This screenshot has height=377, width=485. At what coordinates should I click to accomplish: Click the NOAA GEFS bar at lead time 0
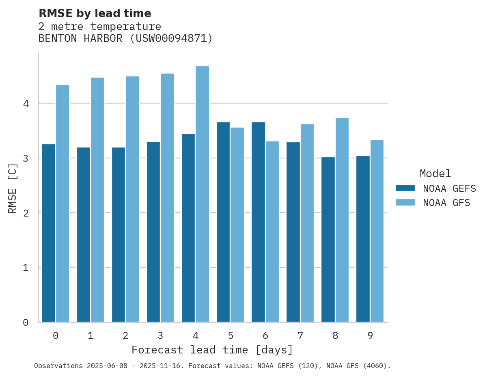tap(48, 233)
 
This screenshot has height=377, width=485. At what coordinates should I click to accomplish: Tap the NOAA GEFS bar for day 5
tap(223, 222)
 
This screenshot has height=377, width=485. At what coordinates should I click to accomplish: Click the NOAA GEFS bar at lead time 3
tap(153, 232)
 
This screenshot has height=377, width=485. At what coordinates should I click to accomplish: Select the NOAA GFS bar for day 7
tap(307, 223)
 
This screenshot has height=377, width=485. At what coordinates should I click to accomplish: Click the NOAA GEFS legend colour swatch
tap(405, 188)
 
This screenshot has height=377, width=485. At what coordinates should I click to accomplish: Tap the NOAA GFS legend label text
tap(446, 203)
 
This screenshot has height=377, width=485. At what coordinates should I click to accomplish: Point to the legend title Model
tap(435, 174)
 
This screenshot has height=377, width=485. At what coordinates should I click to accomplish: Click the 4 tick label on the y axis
tap(26, 104)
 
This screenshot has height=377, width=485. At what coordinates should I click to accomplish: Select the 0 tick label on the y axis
tap(26, 323)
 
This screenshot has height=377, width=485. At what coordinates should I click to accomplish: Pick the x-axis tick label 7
tap(300, 336)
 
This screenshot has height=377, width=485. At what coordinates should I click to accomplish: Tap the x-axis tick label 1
tap(91, 336)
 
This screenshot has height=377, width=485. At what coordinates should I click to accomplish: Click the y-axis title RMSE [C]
tap(13, 188)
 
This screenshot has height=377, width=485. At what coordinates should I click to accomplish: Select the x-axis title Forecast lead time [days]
tap(212, 350)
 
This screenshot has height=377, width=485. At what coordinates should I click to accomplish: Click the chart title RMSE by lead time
tap(95, 13)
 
